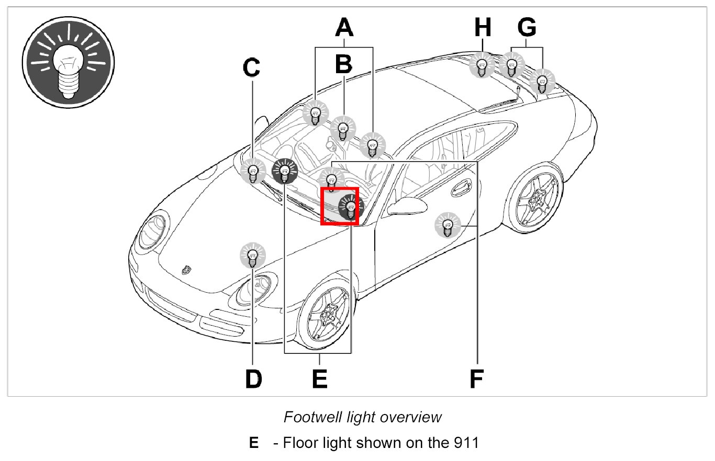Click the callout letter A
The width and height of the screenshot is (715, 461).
344,27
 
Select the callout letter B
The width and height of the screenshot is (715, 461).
343,64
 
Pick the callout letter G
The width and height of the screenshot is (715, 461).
527,27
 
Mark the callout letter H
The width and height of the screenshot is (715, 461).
483,27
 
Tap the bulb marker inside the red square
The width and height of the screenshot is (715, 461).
351,208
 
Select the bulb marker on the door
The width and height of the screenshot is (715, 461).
448,226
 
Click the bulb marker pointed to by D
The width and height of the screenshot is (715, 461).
252,256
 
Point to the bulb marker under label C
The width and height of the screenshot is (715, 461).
253,171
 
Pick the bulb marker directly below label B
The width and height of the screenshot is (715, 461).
343,128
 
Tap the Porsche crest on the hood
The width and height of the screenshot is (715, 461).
185,270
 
